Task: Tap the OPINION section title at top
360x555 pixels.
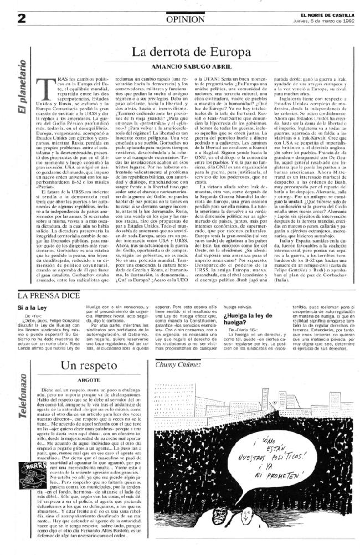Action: pos(180,18)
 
